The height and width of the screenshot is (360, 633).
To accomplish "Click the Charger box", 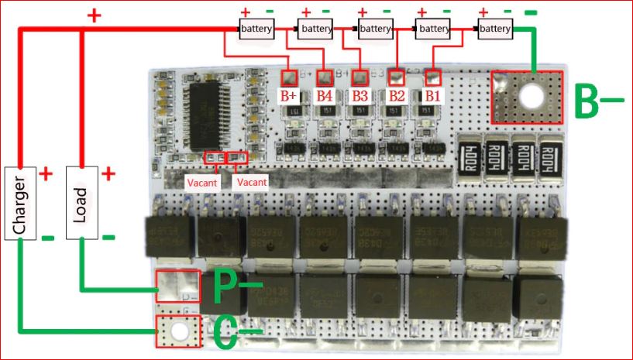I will (21, 202).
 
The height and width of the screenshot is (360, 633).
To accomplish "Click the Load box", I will (81, 201).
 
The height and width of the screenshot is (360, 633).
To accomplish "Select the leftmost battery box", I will (255, 29).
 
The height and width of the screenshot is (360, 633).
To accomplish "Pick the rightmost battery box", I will (494, 29).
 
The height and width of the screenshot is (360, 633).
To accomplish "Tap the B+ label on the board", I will (289, 97).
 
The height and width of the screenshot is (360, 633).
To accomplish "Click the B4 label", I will (325, 97).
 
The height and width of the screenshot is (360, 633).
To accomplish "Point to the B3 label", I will (360, 97).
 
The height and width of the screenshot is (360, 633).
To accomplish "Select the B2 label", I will (397, 97).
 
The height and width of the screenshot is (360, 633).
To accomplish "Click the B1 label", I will (432, 97).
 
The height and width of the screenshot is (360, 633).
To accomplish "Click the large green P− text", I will (233, 288).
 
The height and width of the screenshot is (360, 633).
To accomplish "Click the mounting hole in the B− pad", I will (532, 97).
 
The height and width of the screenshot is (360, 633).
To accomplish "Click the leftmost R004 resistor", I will (468, 158).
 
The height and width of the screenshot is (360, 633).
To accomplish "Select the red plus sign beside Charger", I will (46, 173).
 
